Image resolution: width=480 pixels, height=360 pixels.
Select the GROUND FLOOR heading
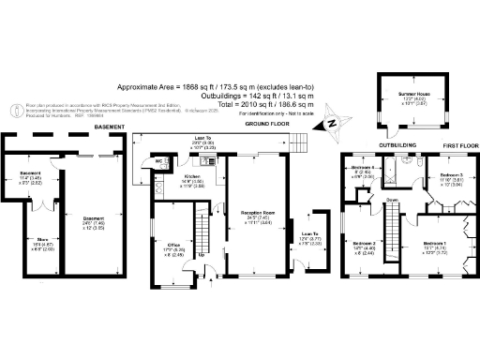264,123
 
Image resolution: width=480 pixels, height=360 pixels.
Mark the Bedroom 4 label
363,170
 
